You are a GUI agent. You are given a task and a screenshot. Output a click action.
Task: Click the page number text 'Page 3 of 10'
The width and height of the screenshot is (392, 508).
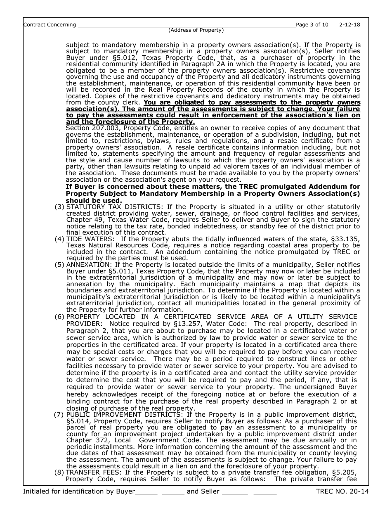point(312,24)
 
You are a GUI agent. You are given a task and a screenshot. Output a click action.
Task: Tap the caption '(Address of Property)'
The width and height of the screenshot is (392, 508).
point(196,30)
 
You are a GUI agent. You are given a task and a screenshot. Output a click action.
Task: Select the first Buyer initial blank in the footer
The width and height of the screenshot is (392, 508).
point(146,491)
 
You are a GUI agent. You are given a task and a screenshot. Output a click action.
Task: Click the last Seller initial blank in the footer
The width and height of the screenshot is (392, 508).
point(265,491)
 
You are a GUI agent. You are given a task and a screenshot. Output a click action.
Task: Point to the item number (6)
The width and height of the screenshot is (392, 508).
point(59,317)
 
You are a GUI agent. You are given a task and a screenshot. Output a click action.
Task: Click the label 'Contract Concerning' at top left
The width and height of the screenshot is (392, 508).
point(50,25)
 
